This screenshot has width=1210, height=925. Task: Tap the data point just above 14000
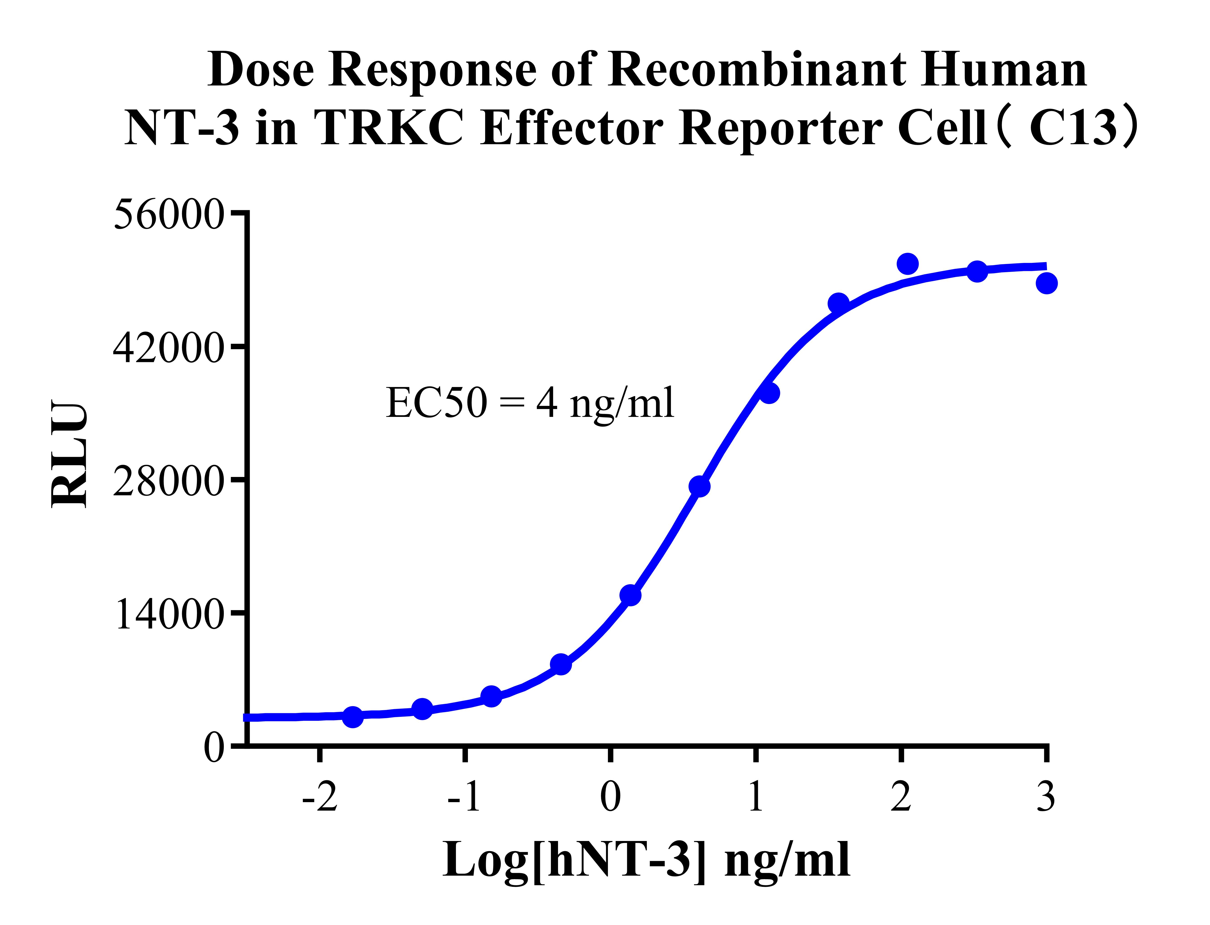[x=630, y=595]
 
